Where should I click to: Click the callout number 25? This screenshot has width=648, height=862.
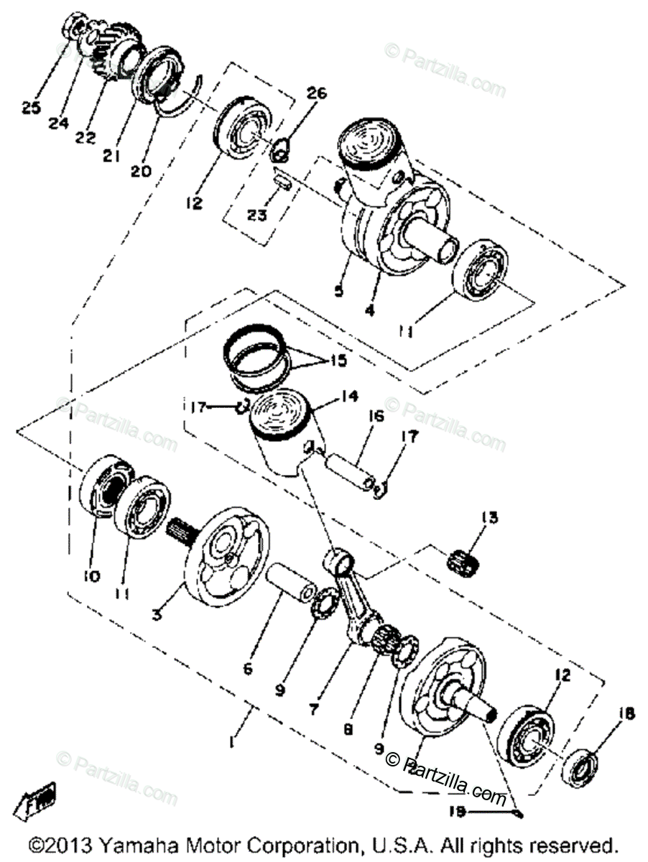(x=30, y=108)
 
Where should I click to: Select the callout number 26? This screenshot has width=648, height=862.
(x=317, y=93)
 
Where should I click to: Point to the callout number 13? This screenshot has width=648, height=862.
(x=490, y=517)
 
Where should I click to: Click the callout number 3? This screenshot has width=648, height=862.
(x=157, y=615)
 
